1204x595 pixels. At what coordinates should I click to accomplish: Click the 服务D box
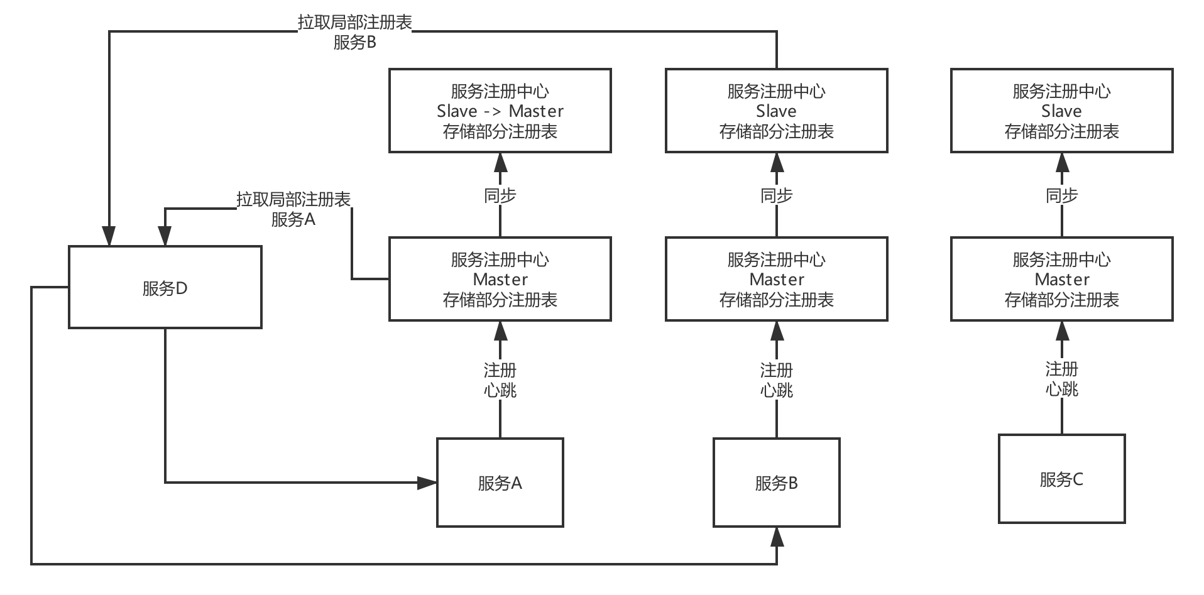point(165,287)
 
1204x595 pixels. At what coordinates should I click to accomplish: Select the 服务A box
point(500,483)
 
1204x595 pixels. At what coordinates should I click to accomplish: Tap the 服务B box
point(776,483)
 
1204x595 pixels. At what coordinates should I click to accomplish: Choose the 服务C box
point(1061,479)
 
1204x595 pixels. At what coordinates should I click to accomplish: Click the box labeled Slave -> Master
point(500,111)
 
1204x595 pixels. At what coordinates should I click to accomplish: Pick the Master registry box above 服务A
point(500,279)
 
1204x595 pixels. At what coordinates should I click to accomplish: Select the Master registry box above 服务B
point(776,279)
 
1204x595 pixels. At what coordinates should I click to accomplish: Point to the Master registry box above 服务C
point(1061,279)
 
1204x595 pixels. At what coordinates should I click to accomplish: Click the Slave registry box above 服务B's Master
point(776,111)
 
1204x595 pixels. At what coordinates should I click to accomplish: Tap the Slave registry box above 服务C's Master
point(1061,111)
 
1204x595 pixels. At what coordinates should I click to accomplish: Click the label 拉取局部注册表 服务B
point(354,32)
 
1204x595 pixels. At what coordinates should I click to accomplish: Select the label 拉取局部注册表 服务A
point(293,209)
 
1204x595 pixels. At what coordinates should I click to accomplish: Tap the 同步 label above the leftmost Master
point(500,195)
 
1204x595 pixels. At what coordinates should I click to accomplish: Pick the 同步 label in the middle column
point(776,195)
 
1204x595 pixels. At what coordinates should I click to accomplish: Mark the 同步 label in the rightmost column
point(1061,195)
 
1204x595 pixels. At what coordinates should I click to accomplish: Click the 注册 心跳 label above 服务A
point(500,379)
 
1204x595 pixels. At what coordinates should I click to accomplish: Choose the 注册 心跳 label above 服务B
point(776,379)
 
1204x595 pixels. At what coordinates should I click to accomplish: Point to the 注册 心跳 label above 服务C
point(1061,378)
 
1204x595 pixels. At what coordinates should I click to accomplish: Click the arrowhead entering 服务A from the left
point(428,483)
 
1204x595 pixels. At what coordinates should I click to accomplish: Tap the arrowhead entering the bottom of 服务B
point(777,537)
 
